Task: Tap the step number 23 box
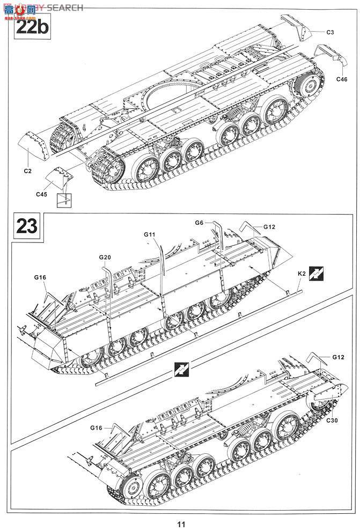click(x=27, y=226)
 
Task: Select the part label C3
click(x=330, y=33)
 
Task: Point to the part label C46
click(x=342, y=79)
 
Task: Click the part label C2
click(x=28, y=171)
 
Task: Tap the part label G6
click(x=200, y=223)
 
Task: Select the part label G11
click(x=150, y=235)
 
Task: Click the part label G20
click(x=105, y=258)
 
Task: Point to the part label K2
click(x=302, y=274)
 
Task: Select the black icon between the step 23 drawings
click(x=181, y=369)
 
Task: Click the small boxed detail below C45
click(x=64, y=200)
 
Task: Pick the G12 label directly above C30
click(x=338, y=357)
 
